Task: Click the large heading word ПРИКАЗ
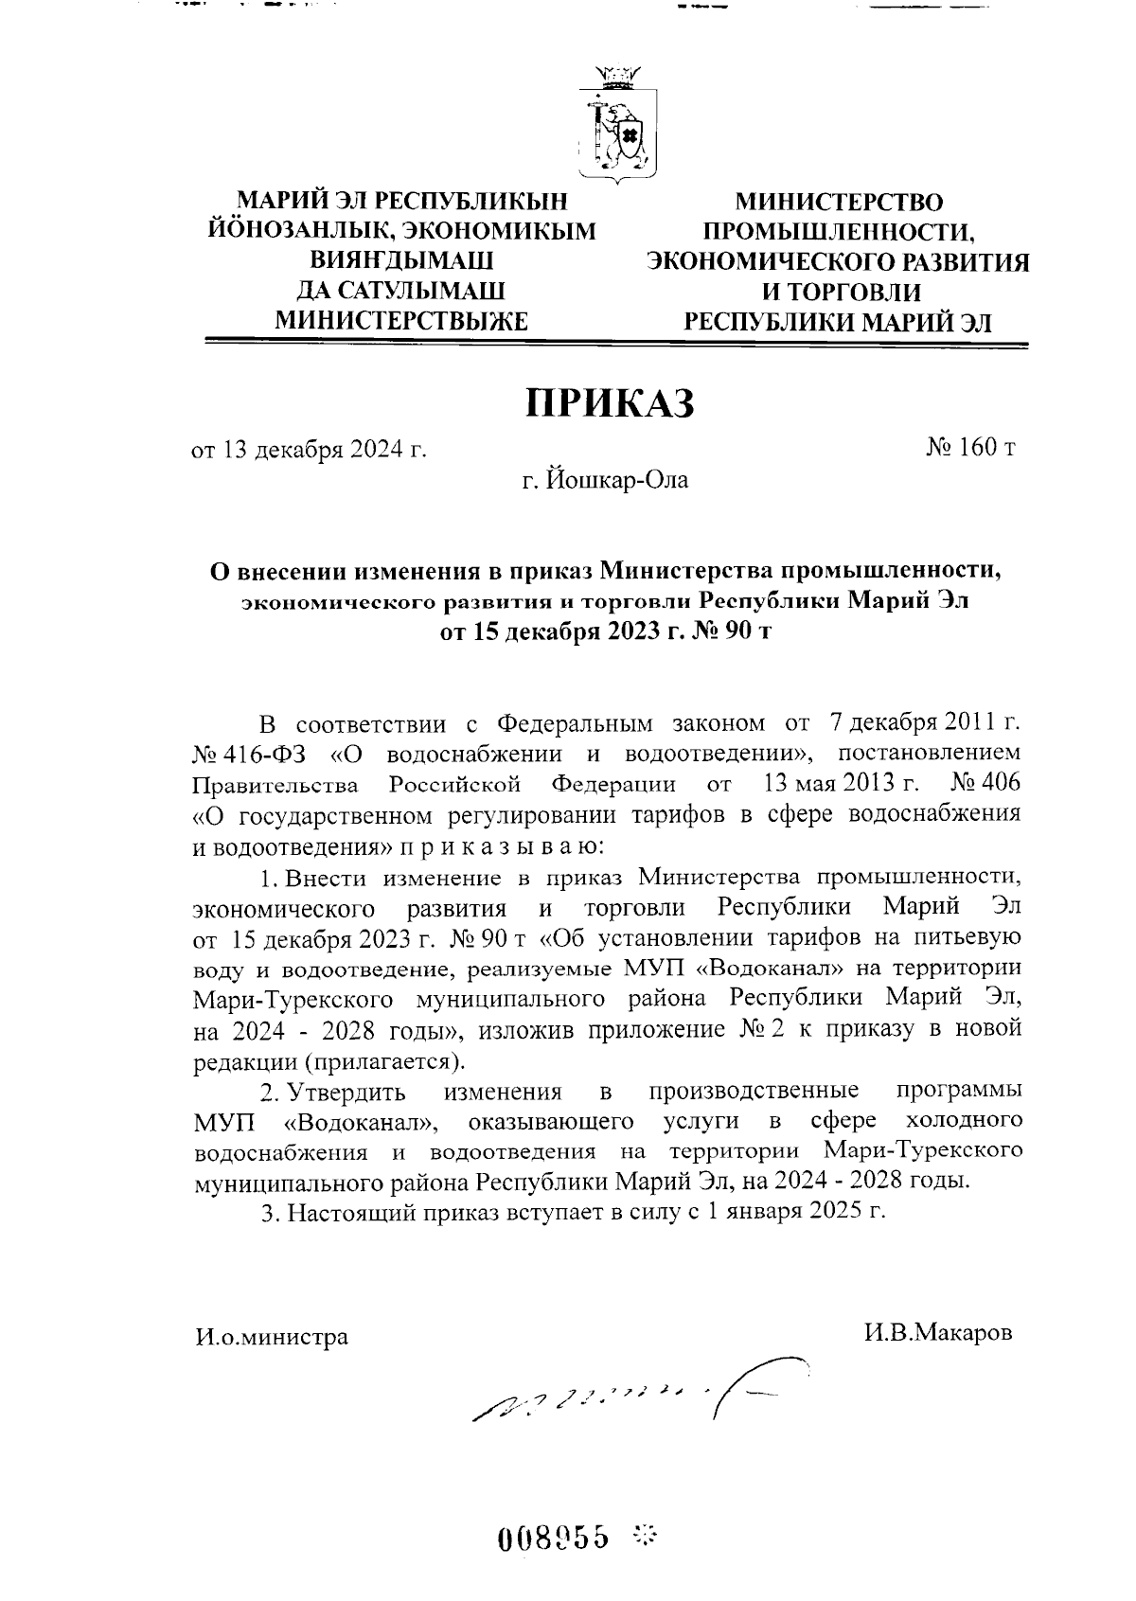(x=610, y=403)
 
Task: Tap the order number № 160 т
(x=970, y=447)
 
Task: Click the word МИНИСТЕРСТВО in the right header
(x=839, y=203)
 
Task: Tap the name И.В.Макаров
(x=937, y=1332)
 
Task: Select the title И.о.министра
(x=272, y=1337)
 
